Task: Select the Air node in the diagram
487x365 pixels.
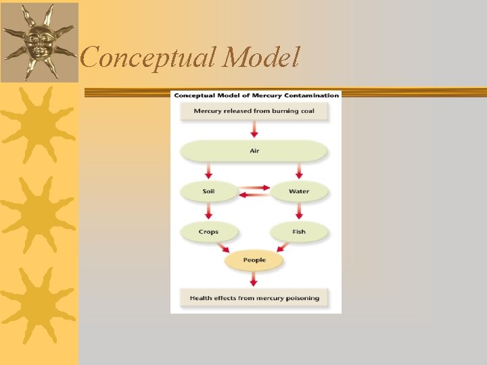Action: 254,151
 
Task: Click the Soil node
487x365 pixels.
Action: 209,191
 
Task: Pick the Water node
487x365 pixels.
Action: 299,191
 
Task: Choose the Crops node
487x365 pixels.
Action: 209,232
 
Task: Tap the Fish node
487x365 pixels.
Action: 299,232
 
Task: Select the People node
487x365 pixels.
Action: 254,260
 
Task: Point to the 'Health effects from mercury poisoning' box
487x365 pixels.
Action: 254,298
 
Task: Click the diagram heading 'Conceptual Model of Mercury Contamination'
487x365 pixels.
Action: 256,95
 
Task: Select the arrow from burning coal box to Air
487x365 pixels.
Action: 254,129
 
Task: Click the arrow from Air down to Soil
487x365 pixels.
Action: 209,171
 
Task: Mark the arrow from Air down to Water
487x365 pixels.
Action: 299,171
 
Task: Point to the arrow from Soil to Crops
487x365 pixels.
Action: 209,212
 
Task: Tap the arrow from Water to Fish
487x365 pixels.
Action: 299,212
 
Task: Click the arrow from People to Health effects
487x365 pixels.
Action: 254,278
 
